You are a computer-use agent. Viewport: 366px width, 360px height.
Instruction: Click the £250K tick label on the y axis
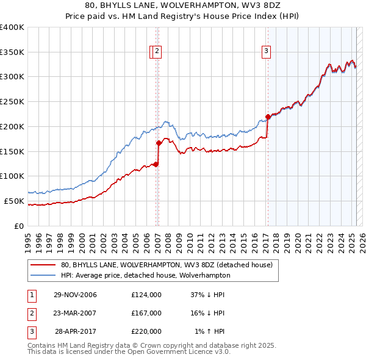[x=12, y=102]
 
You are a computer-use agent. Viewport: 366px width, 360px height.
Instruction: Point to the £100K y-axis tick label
[x=12, y=176]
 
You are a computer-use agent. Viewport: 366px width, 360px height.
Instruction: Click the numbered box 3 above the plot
[x=267, y=52]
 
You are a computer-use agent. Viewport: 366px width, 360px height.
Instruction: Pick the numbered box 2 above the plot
[x=157, y=52]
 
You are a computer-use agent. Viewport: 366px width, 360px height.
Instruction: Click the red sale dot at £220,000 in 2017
[x=268, y=117]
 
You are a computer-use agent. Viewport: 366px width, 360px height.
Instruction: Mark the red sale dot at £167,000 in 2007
[x=159, y=143]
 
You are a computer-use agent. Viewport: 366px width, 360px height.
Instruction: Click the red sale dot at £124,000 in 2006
[x=156, y=164]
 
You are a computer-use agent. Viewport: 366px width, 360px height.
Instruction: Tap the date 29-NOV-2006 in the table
[x=75, y=295]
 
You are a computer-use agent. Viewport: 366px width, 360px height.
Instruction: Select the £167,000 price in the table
[x=146, y=313]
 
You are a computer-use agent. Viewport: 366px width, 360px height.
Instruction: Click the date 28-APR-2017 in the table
[x=76, y=331]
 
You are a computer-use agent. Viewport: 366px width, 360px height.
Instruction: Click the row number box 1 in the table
[x=30, y=295]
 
